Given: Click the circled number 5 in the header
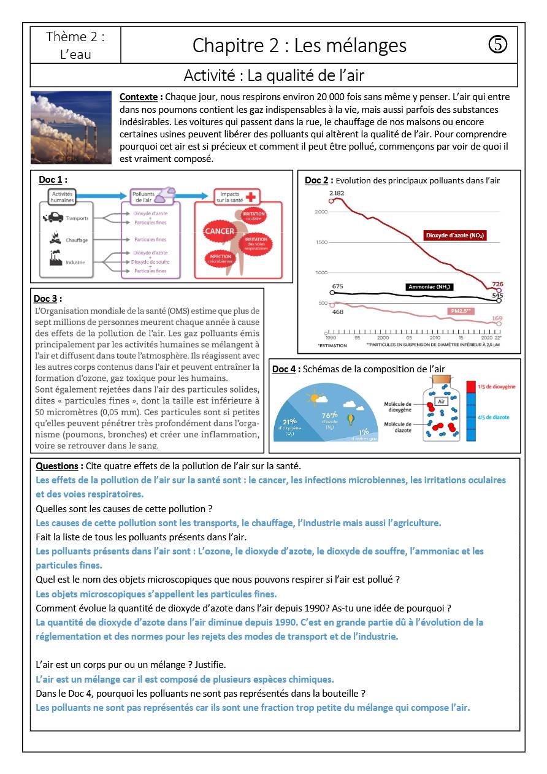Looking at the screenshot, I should (x=498, y=45).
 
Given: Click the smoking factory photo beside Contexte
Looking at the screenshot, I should (x=71, y=128).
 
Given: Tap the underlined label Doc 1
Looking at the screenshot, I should (x=52, y=180).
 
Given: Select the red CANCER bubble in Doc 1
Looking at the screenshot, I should (x=220, y=231).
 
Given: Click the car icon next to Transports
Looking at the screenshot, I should (x=54, y=218).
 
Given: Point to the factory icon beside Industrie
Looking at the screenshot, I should (x=56, y=261).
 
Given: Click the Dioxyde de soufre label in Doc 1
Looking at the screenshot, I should (x=150, y=261).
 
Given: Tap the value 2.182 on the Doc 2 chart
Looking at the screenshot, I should (x=337, y=193).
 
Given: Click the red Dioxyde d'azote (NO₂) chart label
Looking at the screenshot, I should (x=456, y=235).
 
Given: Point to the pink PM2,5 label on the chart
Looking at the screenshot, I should (x=461, y=312).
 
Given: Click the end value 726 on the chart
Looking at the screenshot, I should (x=498, y=284).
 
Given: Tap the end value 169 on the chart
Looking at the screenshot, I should (x=497, y=318).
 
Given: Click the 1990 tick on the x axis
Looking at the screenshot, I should (x=331, y=338).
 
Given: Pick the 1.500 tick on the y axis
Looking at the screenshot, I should (x=321, y=242).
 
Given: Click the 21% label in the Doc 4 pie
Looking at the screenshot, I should (x=290, y=421).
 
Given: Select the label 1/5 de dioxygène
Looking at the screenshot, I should (x=496, y=387).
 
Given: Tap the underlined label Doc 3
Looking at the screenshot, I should (x=46, y=298).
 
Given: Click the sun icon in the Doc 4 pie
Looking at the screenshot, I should (x=318, y=399).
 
